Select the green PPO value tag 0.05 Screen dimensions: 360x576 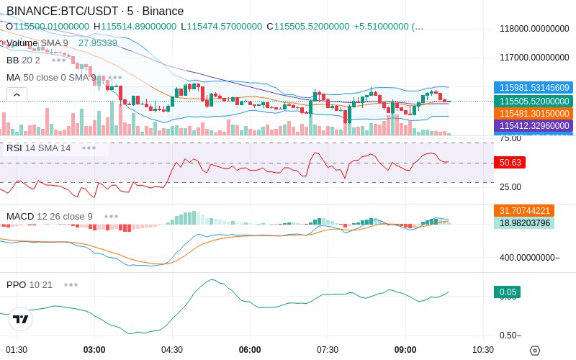[507, 292]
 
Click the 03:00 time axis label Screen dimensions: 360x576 [94, 350]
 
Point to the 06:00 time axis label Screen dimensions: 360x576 [250, 350]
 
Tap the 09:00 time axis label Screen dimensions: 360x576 [405, 350]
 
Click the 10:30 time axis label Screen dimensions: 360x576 [483, 350]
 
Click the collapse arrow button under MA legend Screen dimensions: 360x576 [17, 94]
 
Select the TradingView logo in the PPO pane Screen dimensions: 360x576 [21, 320]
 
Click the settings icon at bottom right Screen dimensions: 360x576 [534, 351]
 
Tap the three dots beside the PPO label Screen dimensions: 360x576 [71, 285]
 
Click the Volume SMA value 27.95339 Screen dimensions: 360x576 [98, 43]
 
